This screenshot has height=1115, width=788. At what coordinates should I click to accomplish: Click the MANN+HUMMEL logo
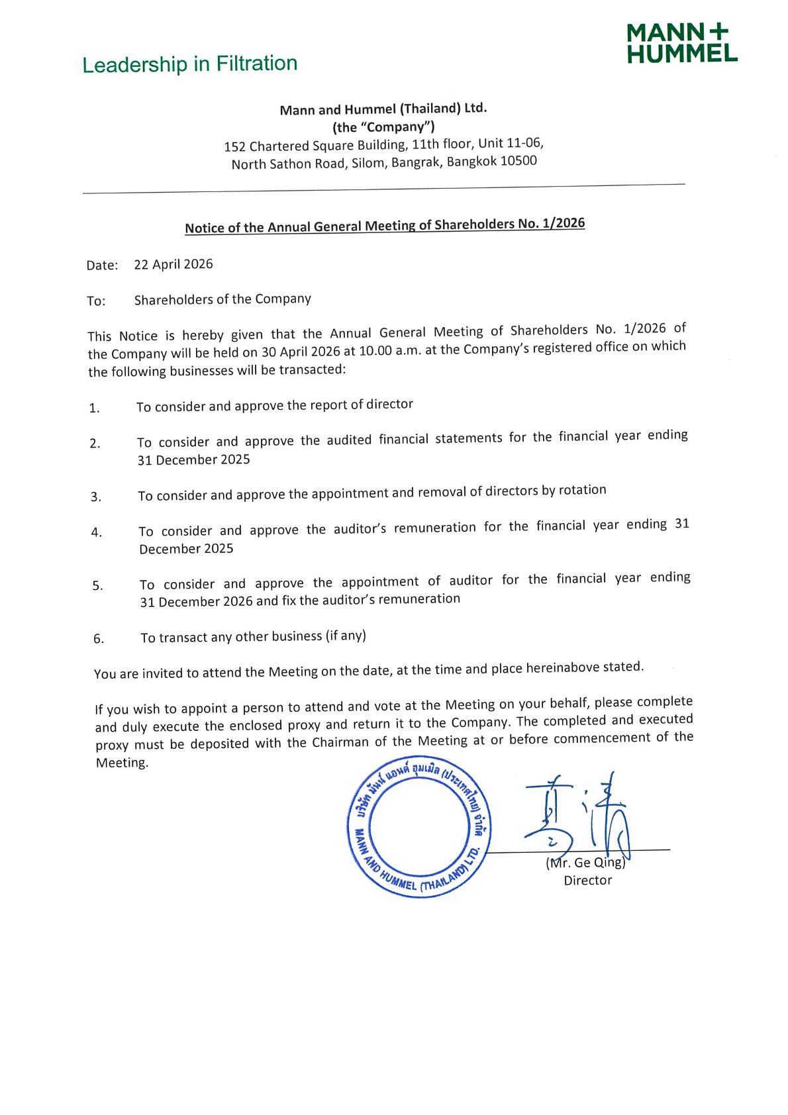[681, 44]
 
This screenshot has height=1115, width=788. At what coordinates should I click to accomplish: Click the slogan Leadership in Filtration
[189, 64]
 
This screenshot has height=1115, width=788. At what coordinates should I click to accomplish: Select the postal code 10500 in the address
[518, 161]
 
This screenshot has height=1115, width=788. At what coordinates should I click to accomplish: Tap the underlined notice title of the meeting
[385, 225]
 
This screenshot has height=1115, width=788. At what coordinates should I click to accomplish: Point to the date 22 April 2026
[173, 264]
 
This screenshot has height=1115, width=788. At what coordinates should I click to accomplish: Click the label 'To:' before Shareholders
[96, 301]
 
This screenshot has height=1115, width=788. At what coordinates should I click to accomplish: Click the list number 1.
[94, 408]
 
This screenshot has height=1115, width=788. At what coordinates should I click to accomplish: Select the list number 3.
[96, 497]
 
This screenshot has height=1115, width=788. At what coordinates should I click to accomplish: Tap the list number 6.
[99, 639]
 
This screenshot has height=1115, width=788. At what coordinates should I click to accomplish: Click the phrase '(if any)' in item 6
[345, 636]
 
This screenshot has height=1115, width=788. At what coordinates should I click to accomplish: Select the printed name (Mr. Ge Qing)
[585, 863]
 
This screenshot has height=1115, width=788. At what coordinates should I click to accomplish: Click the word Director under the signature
[588, 880]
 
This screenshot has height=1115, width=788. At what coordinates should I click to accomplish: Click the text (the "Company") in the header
[383, 126]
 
